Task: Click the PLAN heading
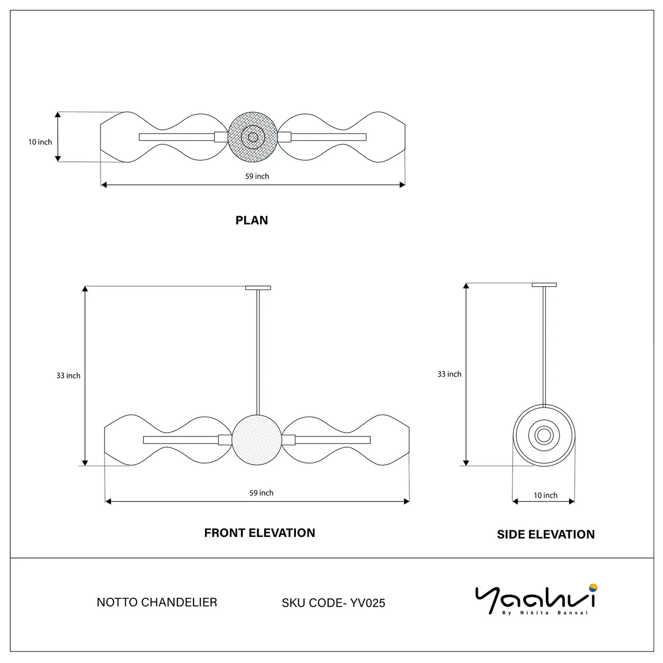point(251,220)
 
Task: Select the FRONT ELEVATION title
point(260,533)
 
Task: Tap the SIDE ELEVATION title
point(546,534)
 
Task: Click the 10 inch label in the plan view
point(40,142)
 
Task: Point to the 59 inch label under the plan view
point(257,176)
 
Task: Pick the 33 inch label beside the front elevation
point(68,375)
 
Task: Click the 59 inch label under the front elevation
point(261,493)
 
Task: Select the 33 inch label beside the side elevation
point(449,374)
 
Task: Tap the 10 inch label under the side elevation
point(545,495)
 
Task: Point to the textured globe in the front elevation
point(257,440)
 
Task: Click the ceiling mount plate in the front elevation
point(258,288)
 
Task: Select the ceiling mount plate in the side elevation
point(544,285)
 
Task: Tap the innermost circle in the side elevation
point(544,429)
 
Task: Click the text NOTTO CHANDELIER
point(156,602)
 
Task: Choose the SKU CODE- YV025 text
point(333,603)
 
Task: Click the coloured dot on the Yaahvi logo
point(593,587)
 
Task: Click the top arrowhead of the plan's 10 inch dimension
point(58,114)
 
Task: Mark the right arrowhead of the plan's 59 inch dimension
point(402,185)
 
